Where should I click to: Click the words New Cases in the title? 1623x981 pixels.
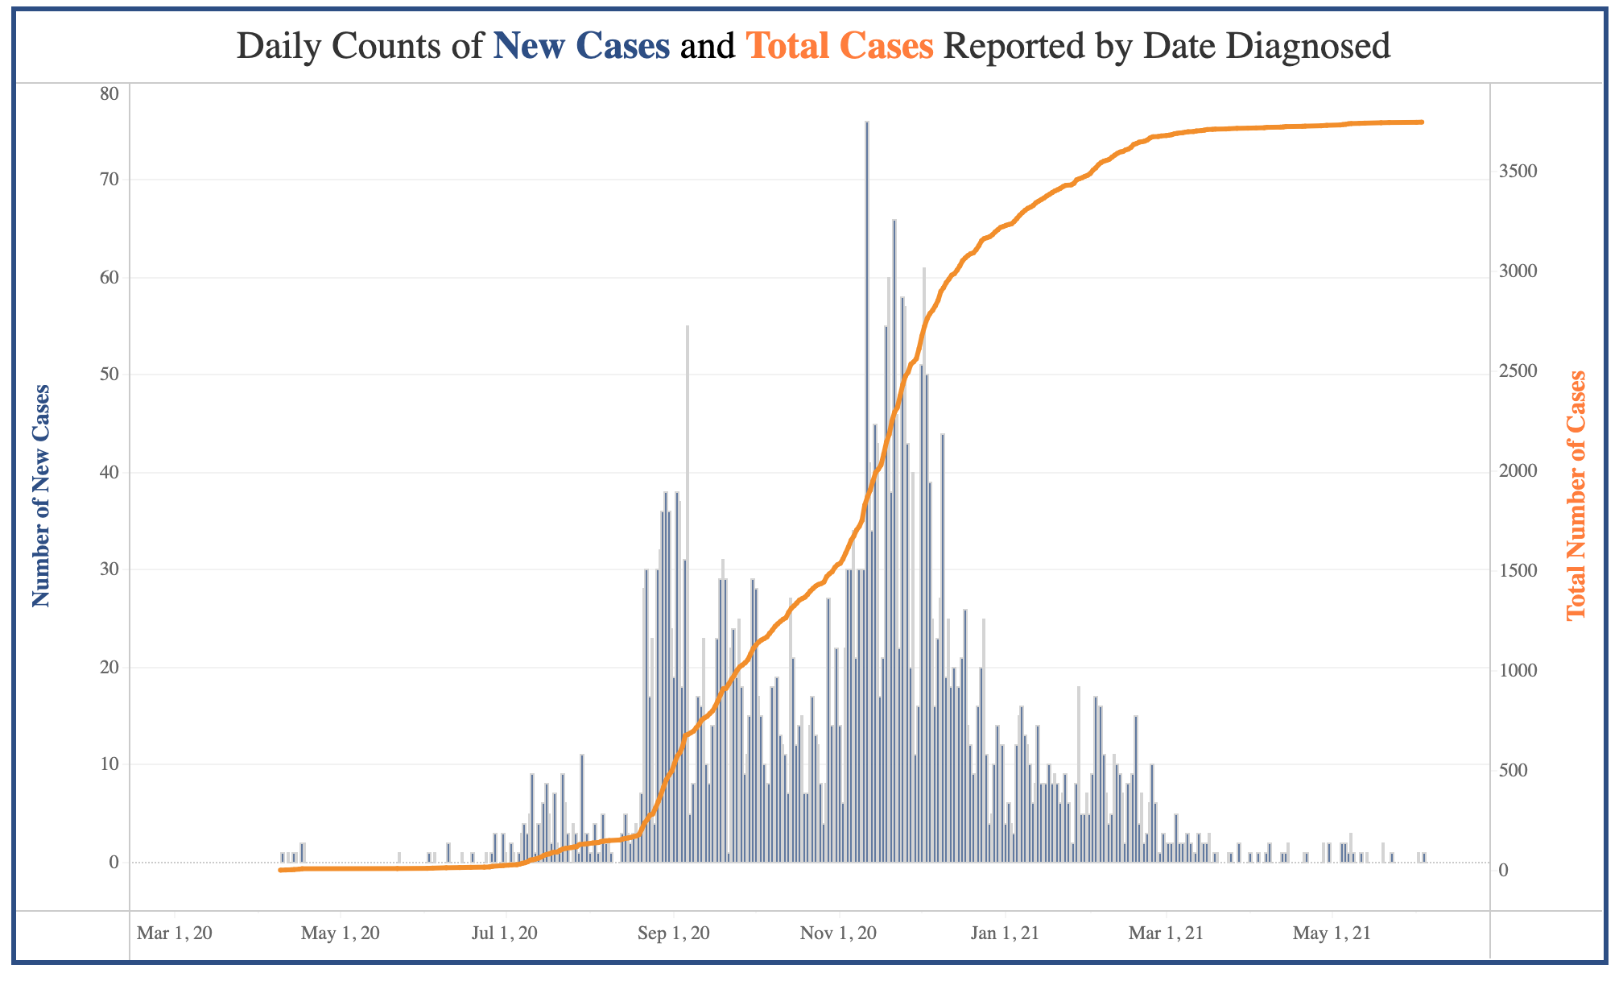coord(581,47)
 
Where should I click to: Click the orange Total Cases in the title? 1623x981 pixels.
coord(840,47)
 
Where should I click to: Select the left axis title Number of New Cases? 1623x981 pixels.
coord(41,495)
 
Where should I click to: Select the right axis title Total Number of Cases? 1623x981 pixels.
coord(1575,495)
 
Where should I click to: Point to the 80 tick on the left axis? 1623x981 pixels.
coord(109,93)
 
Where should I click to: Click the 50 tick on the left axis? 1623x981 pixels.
coord(109,375)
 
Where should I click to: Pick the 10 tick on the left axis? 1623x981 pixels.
coord(109,764)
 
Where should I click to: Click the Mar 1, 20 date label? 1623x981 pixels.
coord(175,934)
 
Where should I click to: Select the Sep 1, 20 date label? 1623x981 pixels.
coord(673,934)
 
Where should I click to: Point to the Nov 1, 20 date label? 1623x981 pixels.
coord(840,934)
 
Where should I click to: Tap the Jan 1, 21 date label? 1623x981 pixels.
coord(1005,934)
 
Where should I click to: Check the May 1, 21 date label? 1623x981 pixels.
coord(1332,934)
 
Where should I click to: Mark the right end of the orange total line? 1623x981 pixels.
coord(1422,122)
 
